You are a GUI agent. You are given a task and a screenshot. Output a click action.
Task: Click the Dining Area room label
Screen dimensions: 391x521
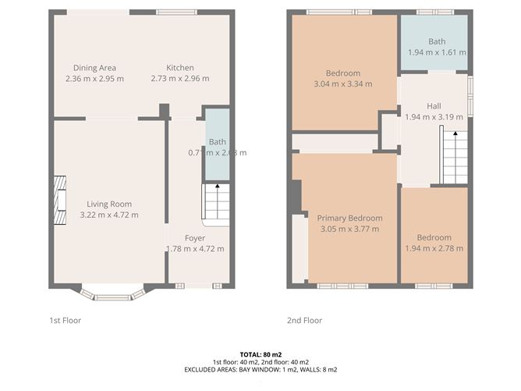pos(95,68)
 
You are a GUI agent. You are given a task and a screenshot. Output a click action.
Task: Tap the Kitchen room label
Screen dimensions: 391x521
pos(180,68)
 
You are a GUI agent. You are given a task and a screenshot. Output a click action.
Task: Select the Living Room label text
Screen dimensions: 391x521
pos(108,203)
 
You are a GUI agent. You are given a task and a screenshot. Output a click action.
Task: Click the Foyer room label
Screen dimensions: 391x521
pos(195,237)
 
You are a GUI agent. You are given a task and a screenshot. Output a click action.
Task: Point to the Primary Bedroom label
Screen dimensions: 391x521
pos(349,218)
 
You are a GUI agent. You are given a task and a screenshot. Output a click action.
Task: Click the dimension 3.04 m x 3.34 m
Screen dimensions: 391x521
pos(342,84)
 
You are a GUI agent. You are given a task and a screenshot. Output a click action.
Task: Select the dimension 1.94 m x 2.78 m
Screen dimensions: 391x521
pos(434,249)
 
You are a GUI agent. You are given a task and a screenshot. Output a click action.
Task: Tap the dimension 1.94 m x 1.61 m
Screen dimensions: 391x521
pos(437,52)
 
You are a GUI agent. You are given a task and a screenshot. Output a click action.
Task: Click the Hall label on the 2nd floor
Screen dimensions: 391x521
pos(434,105)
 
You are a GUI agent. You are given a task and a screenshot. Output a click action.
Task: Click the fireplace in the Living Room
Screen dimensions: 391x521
pos(58,194)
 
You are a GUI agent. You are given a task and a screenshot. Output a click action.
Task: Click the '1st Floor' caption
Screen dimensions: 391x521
pos(66,320)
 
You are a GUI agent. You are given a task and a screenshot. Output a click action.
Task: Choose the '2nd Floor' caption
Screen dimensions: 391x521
pos(303,320)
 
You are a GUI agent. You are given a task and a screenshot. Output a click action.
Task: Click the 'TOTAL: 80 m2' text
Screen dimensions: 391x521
pos(260,354)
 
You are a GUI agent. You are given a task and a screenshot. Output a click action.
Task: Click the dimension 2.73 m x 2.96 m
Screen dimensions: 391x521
pos(180,79)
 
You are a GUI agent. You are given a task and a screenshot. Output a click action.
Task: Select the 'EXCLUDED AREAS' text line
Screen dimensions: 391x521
pos(260,369)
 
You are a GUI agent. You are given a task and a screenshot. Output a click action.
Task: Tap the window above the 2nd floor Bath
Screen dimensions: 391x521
pos(434,12)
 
